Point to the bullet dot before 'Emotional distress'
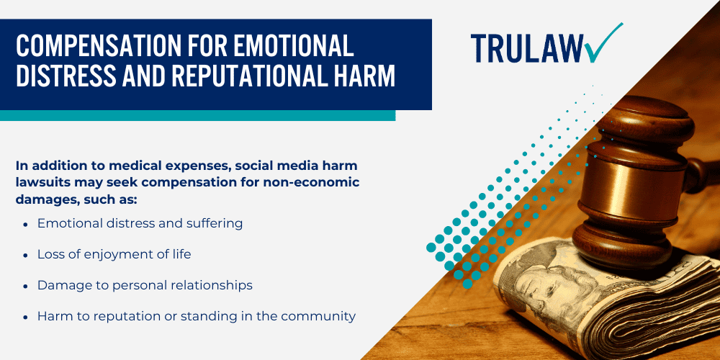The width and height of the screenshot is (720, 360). coord(26,225)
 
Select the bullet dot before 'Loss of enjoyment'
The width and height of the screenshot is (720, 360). coord(26,256)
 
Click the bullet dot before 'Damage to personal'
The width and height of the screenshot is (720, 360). coord(26,287)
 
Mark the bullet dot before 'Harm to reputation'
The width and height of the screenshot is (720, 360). coord(26,317)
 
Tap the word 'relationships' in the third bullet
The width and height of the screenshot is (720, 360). coord(214,286)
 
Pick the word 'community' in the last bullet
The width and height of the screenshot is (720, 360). coord(323,316)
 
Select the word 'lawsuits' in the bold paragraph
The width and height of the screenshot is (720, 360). coord(40,181)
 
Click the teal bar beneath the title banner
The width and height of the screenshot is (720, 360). coord(197,115)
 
